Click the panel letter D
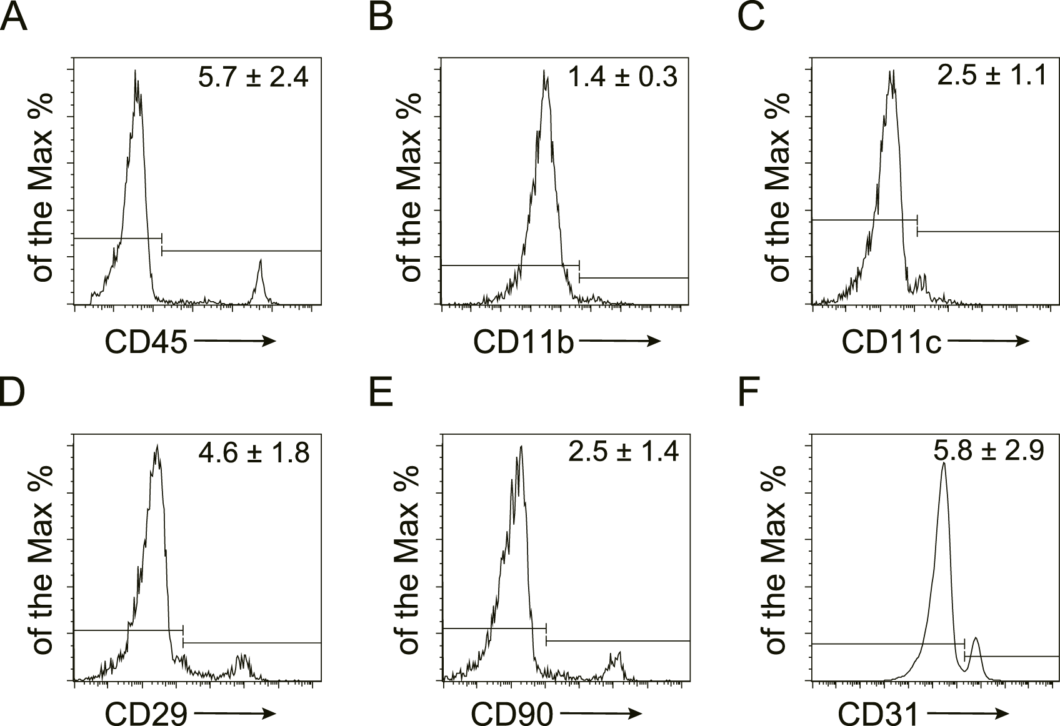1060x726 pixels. click(x=14, y=392)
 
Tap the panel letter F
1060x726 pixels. click(x=749, y=392)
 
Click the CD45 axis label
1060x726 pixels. click(x=146, y=342)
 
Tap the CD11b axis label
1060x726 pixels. click(x=524, y=342)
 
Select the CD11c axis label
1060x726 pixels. click(x=891, y=342)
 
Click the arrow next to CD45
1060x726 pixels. click(x=235, y=341)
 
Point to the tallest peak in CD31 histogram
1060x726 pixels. click(x=943, y=465)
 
